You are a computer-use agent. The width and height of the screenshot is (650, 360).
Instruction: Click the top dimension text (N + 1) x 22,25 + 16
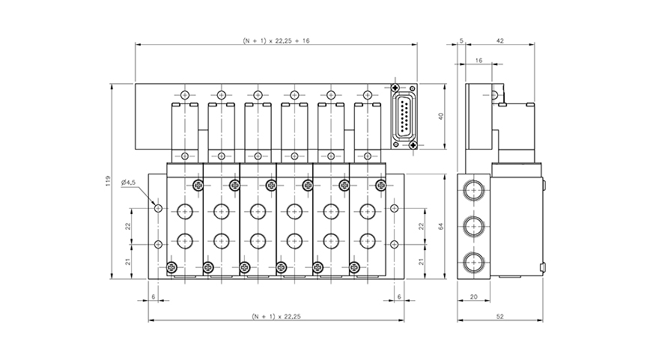[276, 40]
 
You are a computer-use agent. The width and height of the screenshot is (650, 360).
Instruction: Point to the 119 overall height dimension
[109, 181]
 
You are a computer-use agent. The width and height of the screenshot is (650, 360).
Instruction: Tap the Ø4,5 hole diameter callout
[127, 182]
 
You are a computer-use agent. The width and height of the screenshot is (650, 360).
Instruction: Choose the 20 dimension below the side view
[473, 296]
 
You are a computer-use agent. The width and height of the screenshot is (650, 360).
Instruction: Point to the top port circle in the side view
[473, 188]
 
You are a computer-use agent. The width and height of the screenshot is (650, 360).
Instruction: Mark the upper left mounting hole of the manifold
[158, 206]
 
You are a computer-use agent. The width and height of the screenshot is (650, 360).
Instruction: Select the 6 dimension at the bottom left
[154, 296]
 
